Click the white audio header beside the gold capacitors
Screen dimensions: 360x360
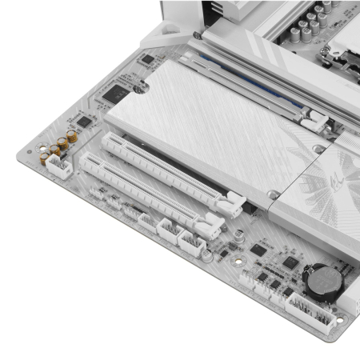coord(58,166)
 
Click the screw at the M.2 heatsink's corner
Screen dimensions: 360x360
coord(274,194)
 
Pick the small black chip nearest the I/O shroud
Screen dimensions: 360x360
coord(146,58)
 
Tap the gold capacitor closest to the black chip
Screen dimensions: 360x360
coord(73,137)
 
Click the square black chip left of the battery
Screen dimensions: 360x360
coord(290,262)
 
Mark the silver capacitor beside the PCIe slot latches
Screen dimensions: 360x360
coord(239,236)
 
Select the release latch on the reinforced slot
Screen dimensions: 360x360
coord(314,122)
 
